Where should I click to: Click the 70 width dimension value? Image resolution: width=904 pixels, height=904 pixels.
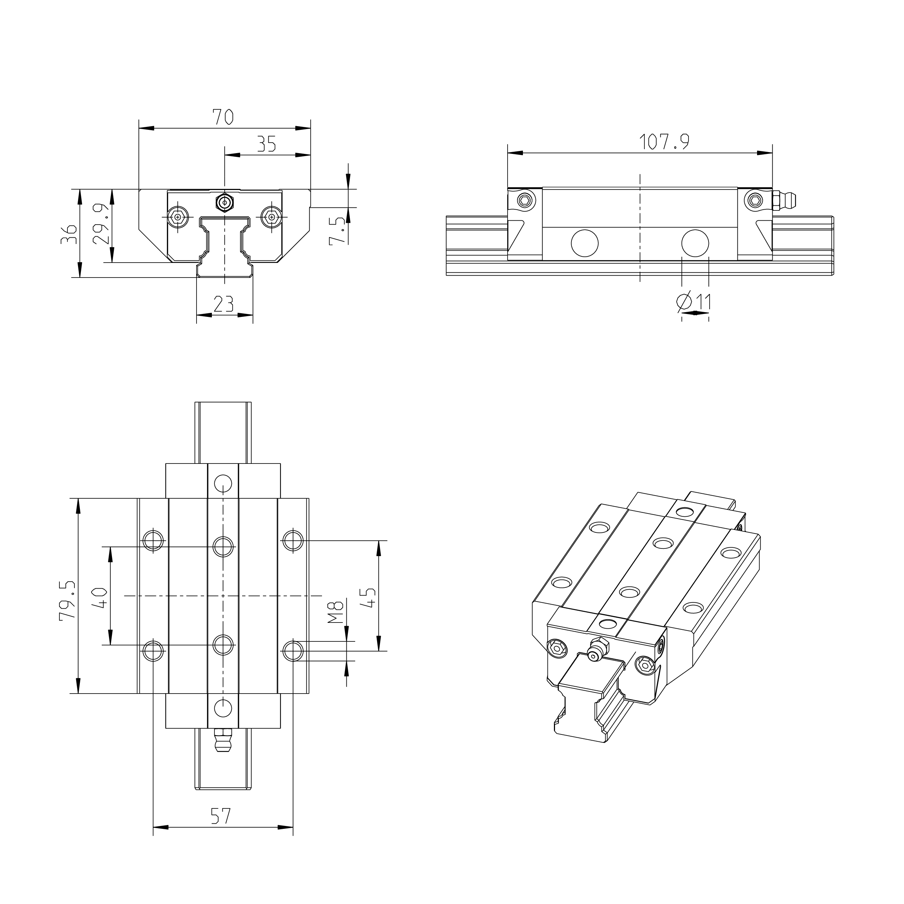(x=223, y=117)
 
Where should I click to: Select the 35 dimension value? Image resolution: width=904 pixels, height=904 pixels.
(x=267, y=144)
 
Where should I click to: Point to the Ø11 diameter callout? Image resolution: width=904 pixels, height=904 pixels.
(x=694, y=302)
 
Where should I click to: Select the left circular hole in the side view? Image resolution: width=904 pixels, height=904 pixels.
(x=585, y=243)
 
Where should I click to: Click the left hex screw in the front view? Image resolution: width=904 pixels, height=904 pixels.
(x=177, y=217)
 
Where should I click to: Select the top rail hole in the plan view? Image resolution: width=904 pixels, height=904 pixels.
(x=223, y=482)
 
